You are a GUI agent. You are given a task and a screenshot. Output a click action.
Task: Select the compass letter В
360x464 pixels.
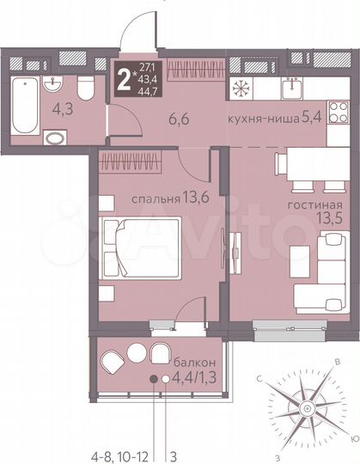[338, 362]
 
